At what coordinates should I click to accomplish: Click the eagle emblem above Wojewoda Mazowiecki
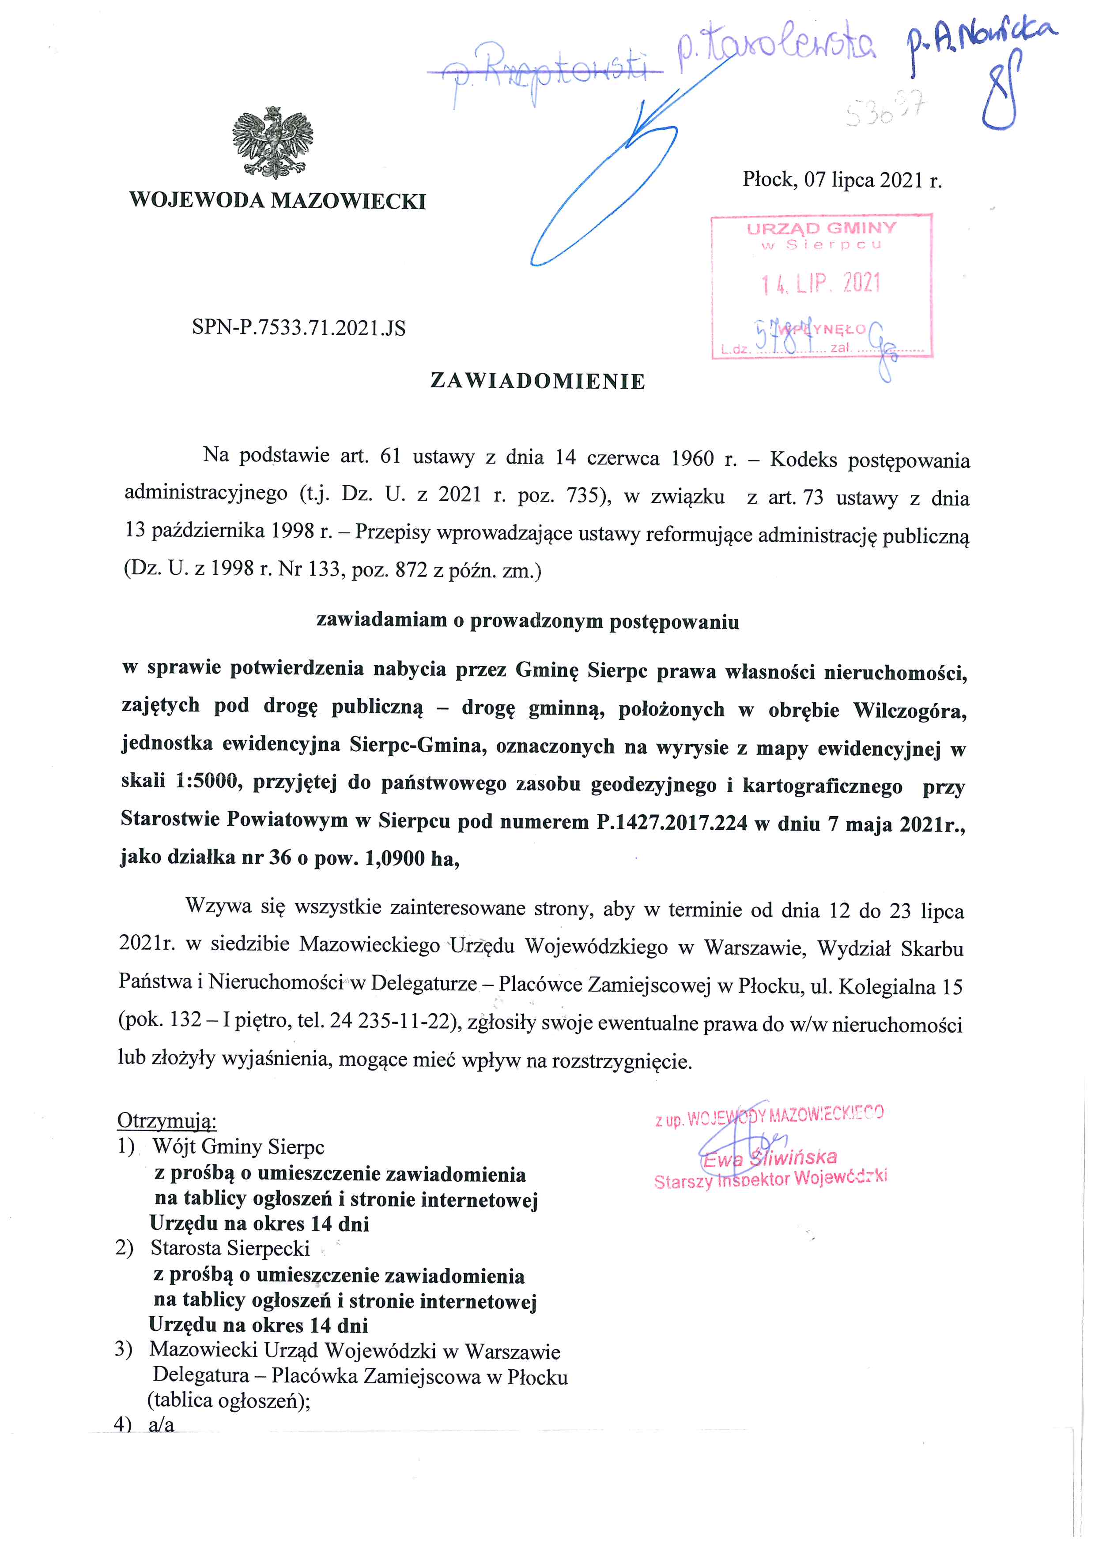click(x=272, y=142)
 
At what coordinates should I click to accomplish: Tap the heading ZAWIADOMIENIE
click(x=537, y=382)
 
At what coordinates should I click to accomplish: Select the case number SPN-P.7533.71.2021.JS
click(x=299, y=328)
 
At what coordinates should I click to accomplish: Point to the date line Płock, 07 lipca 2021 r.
click(x=842, y=180)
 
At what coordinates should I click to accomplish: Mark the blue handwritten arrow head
click(x=641, y=118)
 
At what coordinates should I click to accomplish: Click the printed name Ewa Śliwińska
click(x=770, y=1157)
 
